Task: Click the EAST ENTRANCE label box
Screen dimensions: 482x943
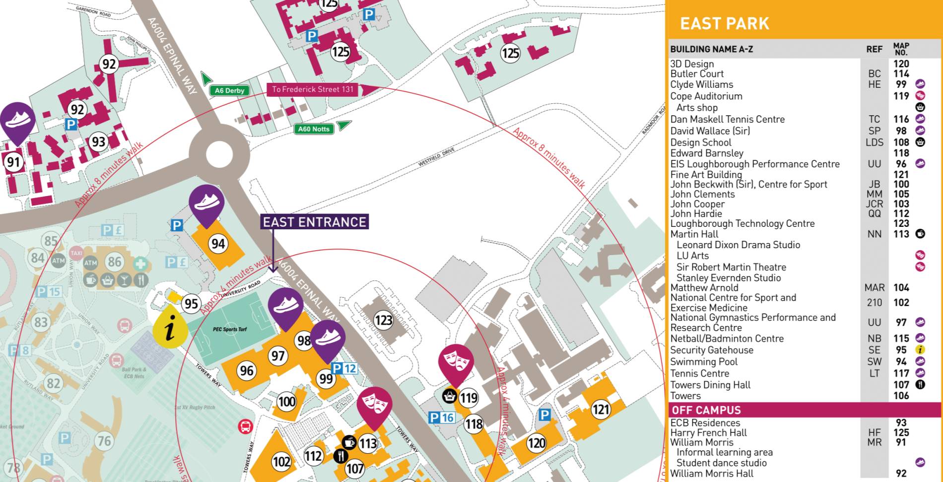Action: click(x=314, y=222)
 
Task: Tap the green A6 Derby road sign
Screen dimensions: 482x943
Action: click(x=229, y=90)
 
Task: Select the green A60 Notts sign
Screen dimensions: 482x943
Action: click(x=313, y=129)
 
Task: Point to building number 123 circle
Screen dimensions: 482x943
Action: click(x=383, y=320)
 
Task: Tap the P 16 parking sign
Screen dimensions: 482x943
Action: click(x=441, y=417)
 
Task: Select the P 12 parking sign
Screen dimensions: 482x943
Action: click(x=344, y=368)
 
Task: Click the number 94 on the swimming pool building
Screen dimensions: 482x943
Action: click(x=218, y=244)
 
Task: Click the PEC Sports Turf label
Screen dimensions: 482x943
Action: click(x=230, y=329)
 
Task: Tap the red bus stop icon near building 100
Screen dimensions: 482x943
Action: click(x=245, y=426)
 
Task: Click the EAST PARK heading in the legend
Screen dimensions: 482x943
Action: click(x=724, y=23)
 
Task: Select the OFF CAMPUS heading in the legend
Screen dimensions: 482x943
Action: click(x=706, y=410)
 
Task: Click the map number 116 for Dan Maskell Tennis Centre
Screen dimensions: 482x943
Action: click(x=901, y=119)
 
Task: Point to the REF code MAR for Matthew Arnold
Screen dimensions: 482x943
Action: click(x=874, y=287)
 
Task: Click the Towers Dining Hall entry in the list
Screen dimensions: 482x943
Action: click(x=710, y=385)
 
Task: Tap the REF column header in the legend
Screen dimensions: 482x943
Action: click(x=874, y=49)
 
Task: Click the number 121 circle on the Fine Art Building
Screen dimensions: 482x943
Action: click(x=601, y=410)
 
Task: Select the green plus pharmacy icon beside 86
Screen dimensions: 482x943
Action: click(x=140, y=263)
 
